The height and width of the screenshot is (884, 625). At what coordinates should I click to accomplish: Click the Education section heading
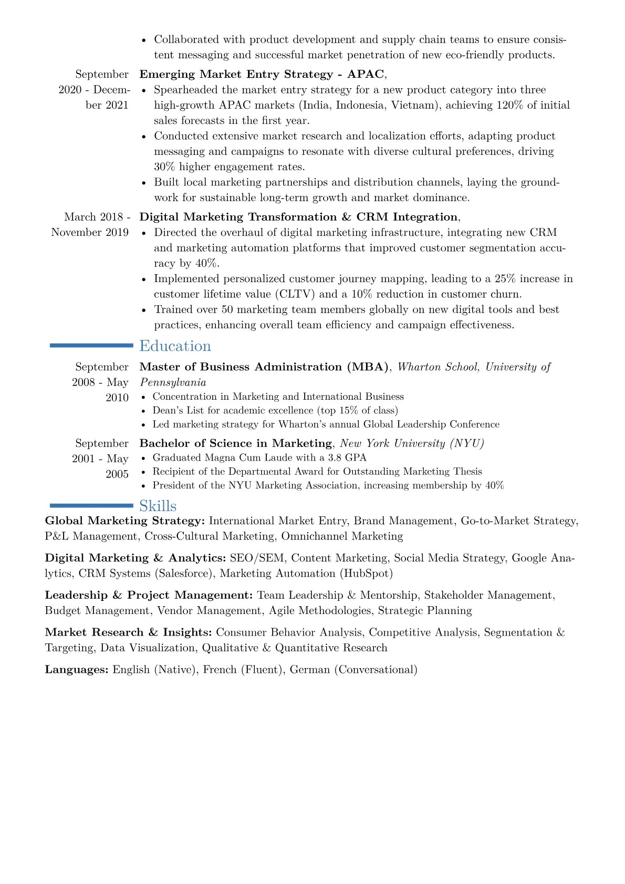(x=175, y=346)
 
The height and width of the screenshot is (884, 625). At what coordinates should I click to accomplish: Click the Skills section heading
(x=158, y=506)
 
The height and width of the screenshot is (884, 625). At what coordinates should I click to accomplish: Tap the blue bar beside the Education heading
(x=91, y=346)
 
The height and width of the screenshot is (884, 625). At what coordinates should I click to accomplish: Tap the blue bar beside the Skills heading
(x=91, y=506)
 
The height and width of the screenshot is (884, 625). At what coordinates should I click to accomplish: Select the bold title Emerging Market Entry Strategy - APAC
(x=262, y=75)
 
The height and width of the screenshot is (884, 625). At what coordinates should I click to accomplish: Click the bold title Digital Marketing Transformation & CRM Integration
(x=298, y=217)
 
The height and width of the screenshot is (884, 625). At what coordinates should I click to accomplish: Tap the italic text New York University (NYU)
(x=412, y=444)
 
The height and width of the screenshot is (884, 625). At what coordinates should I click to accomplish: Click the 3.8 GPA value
(x=347, y=458)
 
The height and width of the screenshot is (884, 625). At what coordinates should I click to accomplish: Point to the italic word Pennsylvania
(x=173, y=383)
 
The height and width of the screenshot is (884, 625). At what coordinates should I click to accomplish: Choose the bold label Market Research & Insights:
(x=128, y=633)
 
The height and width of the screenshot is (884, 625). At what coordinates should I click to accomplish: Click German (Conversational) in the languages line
(x=353, y=670)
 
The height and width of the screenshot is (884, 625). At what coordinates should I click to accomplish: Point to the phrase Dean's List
(x=178, y=411)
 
